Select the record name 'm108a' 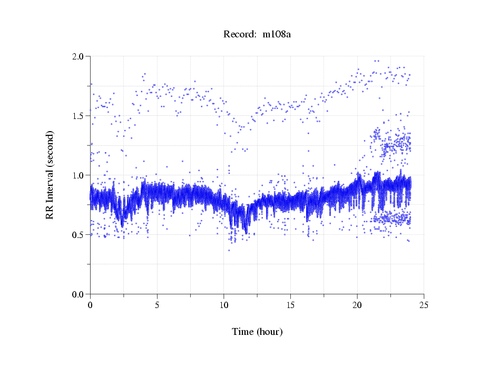tap(277, 34)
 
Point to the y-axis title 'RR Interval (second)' tap(50, 175)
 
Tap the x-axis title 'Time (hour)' tap(257, 332)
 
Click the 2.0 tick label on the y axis tap(79, 56)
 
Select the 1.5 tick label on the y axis tap(79, 116)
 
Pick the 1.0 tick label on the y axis tap(79, 175)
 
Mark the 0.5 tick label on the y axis tap(79, 235)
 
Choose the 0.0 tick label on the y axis tap(79, 294)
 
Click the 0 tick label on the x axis tap(90, 305)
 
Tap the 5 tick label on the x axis tap(157, 305)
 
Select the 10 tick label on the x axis tap(223, 305)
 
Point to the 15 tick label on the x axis tap(290, 305)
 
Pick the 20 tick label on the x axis tap(357, 305)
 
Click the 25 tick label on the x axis tap(424, 305)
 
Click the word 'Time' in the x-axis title tap(243, 332)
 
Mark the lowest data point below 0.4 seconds tap(229, 250)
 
